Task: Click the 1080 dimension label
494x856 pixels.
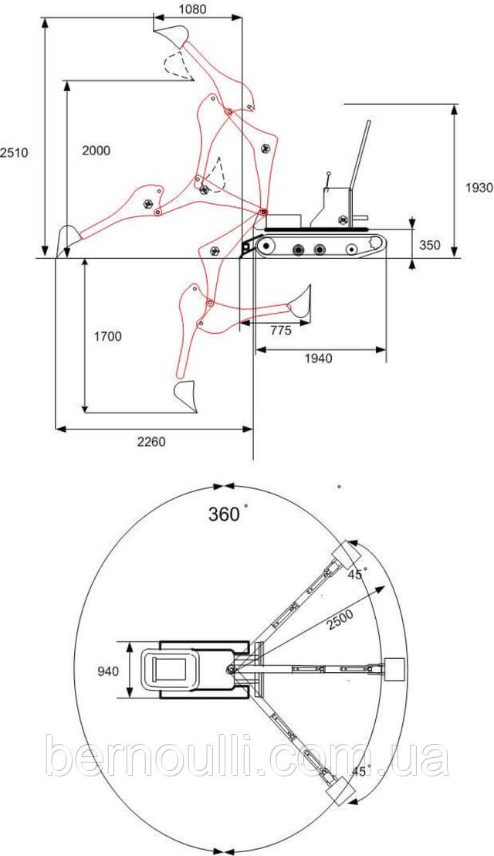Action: (192, 8)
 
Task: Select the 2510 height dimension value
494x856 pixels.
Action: (14, 153)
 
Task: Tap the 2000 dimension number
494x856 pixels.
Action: (96, 150)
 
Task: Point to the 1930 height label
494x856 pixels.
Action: (479, 188)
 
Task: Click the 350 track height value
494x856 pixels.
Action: (430, 245)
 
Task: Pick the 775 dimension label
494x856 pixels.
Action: (280, 331)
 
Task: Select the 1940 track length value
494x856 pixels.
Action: (319, 358)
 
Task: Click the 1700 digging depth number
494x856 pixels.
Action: (107, 336)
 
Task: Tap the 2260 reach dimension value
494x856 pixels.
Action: (151, 442)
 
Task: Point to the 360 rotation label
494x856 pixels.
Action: (224, 514)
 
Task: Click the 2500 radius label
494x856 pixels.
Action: (340, 620)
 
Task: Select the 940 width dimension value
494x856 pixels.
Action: (108, 671)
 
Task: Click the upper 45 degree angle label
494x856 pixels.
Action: (357, 575)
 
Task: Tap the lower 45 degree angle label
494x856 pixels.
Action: (360, 771)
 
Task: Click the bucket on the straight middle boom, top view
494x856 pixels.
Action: (394, 669)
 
